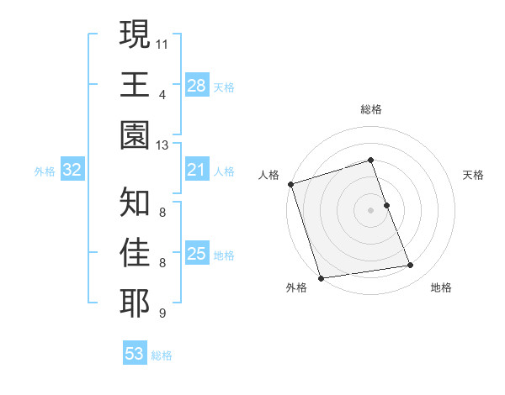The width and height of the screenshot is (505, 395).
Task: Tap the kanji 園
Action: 136,134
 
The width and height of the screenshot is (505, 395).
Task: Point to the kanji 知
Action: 136,202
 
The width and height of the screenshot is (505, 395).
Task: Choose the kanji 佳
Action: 136,253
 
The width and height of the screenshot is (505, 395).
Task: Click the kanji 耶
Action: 136,303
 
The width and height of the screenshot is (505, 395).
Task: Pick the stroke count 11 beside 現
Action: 162,42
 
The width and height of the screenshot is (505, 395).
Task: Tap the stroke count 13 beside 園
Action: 162,145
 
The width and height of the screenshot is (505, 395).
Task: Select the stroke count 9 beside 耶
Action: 162,313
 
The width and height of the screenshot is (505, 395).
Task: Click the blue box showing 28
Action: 197,85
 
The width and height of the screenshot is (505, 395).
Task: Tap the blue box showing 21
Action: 197,171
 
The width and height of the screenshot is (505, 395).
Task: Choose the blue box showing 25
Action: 197,254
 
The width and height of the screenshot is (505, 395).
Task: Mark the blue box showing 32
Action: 72,171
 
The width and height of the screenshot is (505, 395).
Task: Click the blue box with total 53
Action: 135,354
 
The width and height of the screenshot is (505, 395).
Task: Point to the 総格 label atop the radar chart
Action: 371,109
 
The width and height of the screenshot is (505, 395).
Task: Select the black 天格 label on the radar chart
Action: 474,175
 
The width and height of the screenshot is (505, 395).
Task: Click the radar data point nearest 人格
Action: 290,184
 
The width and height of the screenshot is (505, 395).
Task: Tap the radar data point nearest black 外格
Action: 321,278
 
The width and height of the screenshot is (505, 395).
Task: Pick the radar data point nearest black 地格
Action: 411,266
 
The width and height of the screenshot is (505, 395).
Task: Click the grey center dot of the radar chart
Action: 371,209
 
